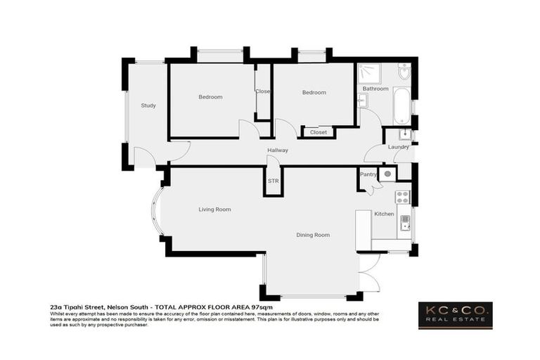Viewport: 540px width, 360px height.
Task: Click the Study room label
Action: coord(148,105)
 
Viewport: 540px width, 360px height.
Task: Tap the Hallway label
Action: coord(278,150)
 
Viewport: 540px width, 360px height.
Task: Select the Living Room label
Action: coord(214,209)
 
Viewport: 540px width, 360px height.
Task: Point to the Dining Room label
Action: coord(312,235)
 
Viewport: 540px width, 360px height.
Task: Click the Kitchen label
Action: coord(384,214)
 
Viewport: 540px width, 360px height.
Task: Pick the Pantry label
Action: coord(368,174)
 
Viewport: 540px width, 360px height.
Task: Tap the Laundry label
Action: coord(398,147)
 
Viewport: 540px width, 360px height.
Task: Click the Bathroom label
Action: coord(375,89)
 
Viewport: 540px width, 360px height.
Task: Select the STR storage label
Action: coord(274,181)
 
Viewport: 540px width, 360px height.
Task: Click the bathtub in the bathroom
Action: coord(399,105)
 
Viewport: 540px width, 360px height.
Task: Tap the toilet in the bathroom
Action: coord(404,71)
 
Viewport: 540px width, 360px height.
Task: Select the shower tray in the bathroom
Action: coord(367,73)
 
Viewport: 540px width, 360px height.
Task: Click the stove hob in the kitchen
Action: coord(404,196)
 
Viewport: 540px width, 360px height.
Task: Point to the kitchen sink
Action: coord(405,223)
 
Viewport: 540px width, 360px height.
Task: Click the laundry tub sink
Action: coord(405,135)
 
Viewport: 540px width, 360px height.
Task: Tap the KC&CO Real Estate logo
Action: coord(455,315)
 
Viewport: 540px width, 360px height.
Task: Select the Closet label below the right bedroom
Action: coord(319,132)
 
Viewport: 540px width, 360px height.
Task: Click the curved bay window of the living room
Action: coord(157,210)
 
